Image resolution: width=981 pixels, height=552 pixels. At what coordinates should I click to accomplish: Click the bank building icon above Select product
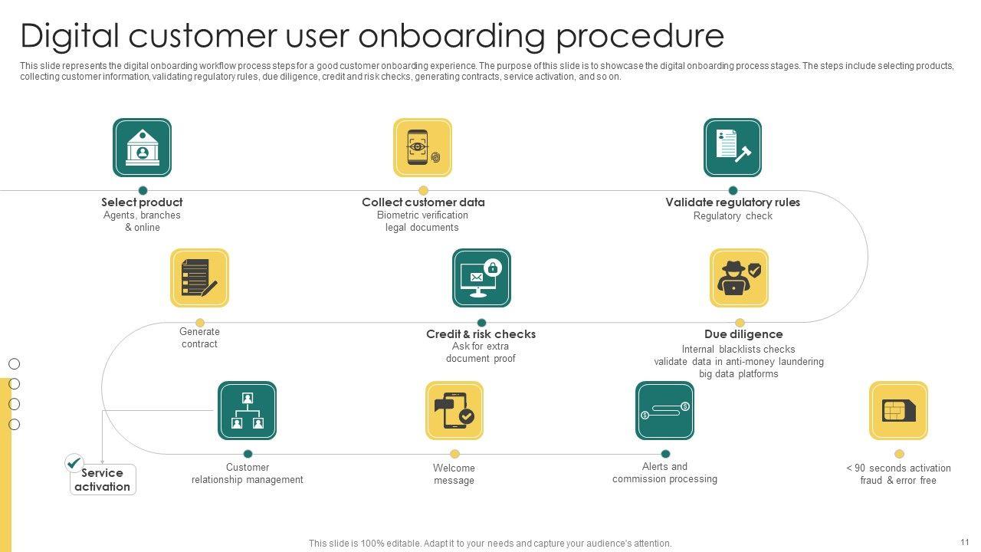(x=142, y=147)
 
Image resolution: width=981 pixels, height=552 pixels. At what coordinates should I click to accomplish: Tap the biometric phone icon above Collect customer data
(x=422, y=147)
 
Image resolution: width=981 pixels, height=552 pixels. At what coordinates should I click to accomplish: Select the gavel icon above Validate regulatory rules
(x=733, y=147)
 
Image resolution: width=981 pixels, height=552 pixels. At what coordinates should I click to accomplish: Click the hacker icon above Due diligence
(x=739, y=278)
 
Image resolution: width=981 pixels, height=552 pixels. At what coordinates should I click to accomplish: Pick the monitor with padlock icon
(x=481, y=278)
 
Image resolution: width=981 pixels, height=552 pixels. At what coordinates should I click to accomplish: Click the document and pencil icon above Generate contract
(x=199, y=278)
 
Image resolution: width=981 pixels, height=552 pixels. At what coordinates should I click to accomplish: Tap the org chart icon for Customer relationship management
(x=247, y=411)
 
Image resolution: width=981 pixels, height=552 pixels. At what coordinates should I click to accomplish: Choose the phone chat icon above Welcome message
(x=454, y=411)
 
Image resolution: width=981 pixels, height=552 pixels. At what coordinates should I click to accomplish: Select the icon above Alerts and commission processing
(x=664, y=411)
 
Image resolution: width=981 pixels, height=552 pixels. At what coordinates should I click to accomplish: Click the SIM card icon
(x=898, y=411)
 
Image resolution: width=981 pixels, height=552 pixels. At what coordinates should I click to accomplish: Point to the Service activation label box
(x=103, y=480)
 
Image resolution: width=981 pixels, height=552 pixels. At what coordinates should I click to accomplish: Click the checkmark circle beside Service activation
(x=74, y=462)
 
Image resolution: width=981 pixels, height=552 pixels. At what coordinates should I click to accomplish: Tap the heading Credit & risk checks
(x=481, y=334)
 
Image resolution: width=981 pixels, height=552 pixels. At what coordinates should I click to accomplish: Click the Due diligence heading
(x=743, y=334)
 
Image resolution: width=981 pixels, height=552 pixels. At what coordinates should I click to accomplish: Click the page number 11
(x=964, y=541)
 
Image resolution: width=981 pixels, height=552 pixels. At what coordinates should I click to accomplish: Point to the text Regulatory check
(x=733, y=216)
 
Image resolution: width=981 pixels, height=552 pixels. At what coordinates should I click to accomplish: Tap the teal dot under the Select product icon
(x=143, y=191)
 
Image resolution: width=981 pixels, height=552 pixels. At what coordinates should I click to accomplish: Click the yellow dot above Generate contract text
(x=200, y=323)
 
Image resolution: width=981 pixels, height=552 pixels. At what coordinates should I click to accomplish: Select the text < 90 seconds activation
(x=898, y=468)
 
